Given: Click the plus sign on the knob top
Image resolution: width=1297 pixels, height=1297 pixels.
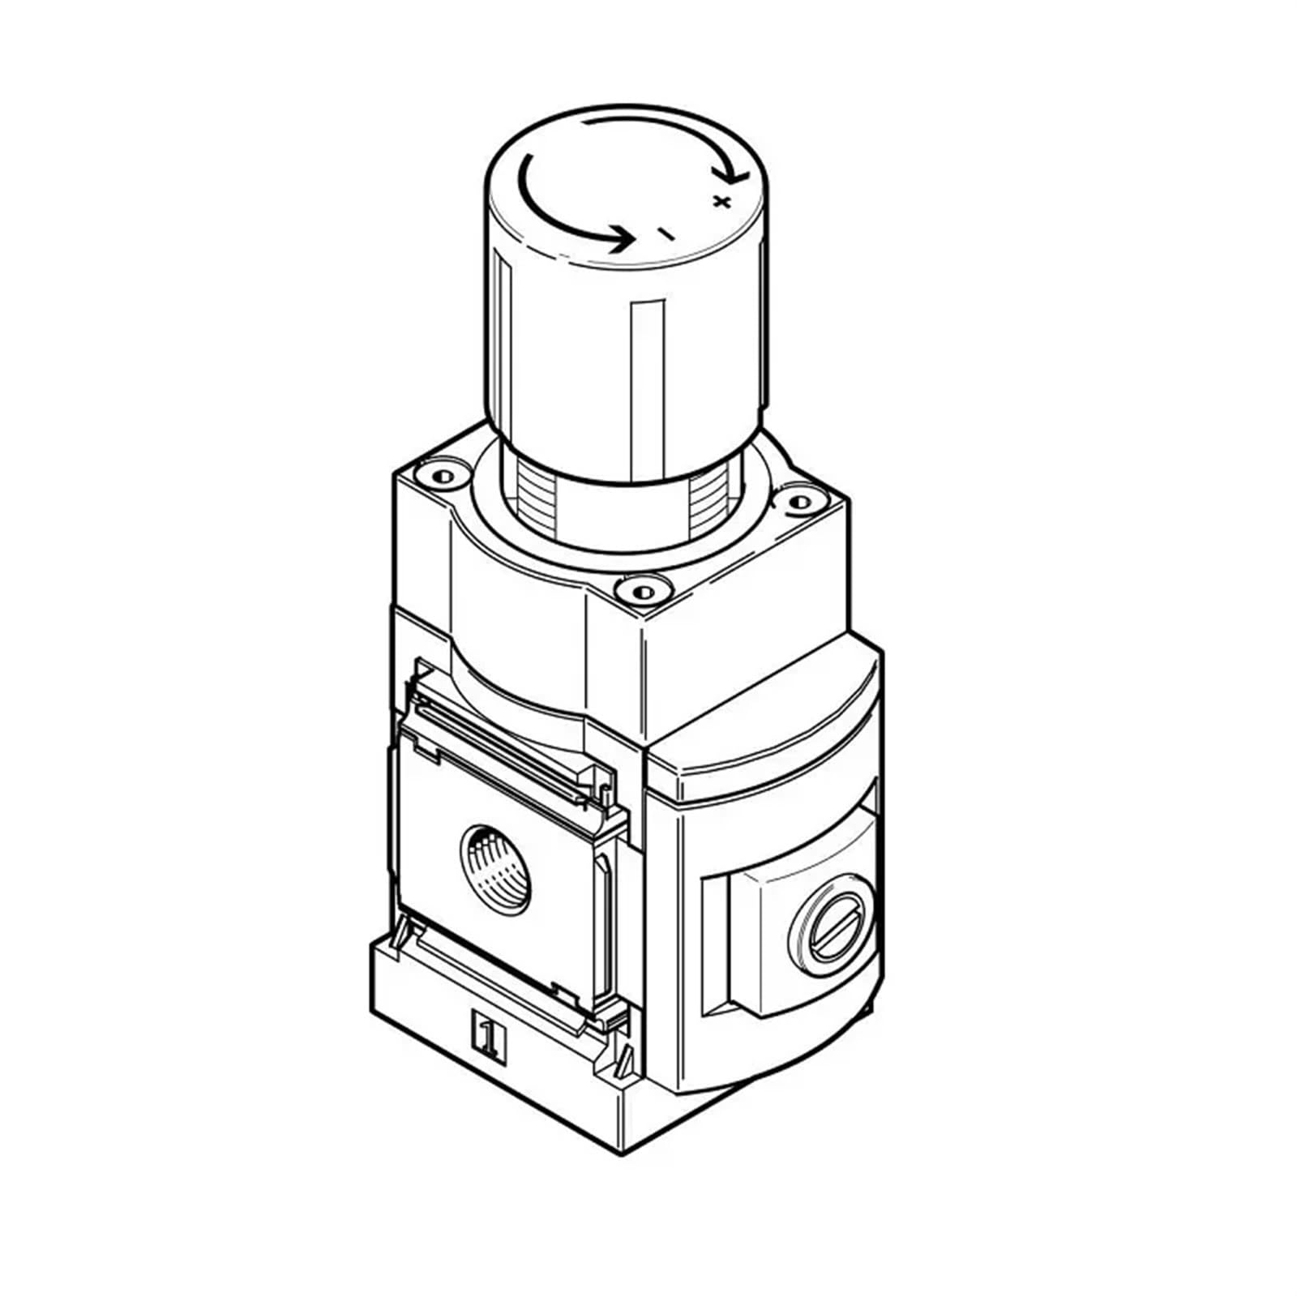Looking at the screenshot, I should [x=721, y=201].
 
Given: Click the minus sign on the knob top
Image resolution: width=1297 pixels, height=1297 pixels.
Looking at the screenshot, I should [x=665, y=234].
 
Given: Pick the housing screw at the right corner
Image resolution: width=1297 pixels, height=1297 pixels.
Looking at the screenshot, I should [x=798, y=502].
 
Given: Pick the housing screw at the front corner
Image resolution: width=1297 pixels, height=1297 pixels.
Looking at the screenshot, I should [x=640, y=590].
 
